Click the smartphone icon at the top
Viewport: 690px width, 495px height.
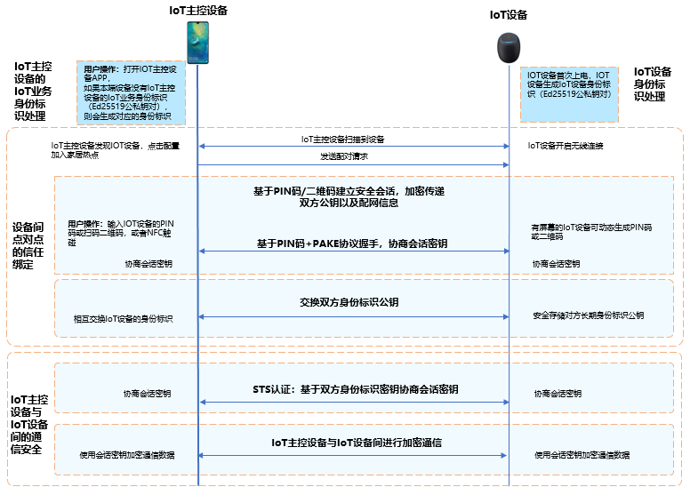[x=197, y=42]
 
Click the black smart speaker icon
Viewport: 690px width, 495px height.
[x=509, y=47]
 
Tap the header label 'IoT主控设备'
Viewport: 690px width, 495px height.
[x=198, y=10]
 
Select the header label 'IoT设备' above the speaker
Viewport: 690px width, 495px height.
[x=509, y=14]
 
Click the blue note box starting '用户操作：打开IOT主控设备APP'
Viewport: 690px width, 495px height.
[x=131, y=92]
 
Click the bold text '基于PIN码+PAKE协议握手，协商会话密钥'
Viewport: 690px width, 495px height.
[x=352, y=243]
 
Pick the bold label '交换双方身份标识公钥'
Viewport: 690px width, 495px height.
[x=354, y=303]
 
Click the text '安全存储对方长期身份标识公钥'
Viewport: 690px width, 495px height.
[x=589, y=315]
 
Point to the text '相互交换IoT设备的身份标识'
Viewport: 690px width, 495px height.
[x=123, y=318]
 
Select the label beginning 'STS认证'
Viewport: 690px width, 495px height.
[x=355, y=390]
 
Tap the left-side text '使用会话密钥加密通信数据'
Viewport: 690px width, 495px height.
[x=126, y=455]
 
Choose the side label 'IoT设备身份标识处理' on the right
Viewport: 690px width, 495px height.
[x=652, y=84]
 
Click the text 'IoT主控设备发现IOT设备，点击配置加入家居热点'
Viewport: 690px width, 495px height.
[x=115, y=149]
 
